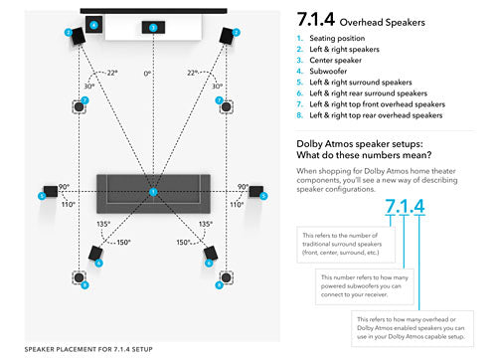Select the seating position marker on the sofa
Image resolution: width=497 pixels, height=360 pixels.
[x=153, y=191]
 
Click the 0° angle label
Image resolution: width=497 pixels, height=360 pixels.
[x=148, y=74]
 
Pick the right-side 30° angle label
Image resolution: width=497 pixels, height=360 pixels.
[x=203, y=87]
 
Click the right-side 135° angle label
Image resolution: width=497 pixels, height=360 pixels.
[x=206, y=224]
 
